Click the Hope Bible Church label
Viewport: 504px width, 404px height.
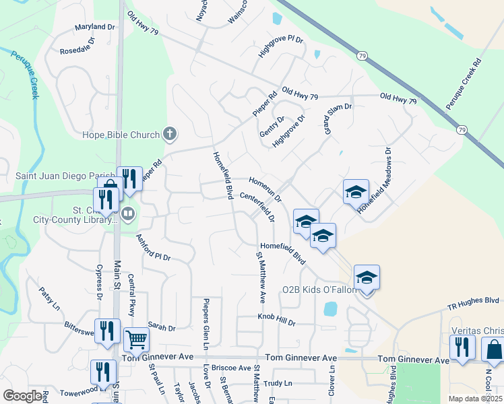click(121, 135)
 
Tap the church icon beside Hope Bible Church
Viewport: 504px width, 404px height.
click(170, 135)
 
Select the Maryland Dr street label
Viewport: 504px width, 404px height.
click(96, 27)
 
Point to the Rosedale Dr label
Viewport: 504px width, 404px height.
click(77, 50)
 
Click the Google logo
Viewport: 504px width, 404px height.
click(22, 396)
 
